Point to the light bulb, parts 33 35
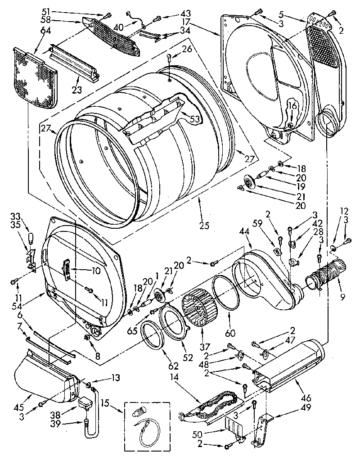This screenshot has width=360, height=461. (x=31, y=238)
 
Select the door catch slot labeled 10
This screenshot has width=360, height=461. (x=66, y=271)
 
